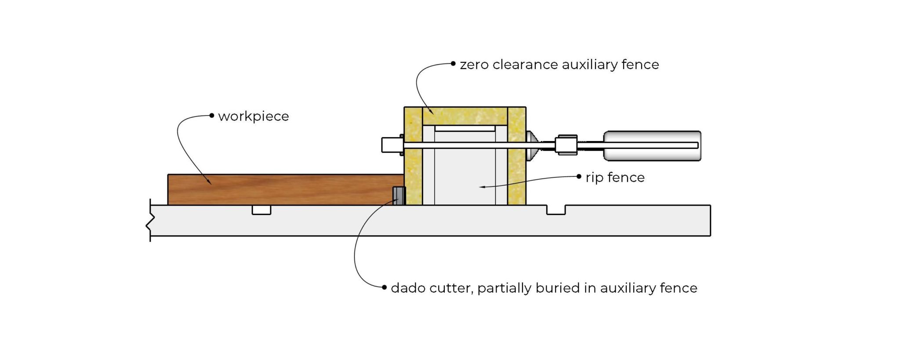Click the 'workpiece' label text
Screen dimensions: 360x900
pos(254,116)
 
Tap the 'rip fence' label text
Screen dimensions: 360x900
pos(615,178)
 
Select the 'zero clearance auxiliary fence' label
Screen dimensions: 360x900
pos(559,65)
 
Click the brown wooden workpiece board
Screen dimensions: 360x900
pos(286,189)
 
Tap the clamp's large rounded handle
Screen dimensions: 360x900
pos(652,145)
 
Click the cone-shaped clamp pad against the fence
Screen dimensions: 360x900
pos(531,145)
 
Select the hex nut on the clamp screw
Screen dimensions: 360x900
pos(566,145)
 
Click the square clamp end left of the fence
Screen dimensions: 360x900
pos(391,145)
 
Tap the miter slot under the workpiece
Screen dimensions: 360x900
pos(261,210)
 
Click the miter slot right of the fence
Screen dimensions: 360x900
pos(556,210)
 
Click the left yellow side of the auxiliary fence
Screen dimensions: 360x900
pos(413,167)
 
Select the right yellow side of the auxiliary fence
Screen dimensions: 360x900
pos(517,167)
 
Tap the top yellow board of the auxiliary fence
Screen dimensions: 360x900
pos(465,116)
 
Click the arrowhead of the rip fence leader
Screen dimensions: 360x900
pos(482,187)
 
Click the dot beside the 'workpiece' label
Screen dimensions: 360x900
pos(212,116)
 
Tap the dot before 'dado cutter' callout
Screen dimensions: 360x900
pos(384,287)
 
